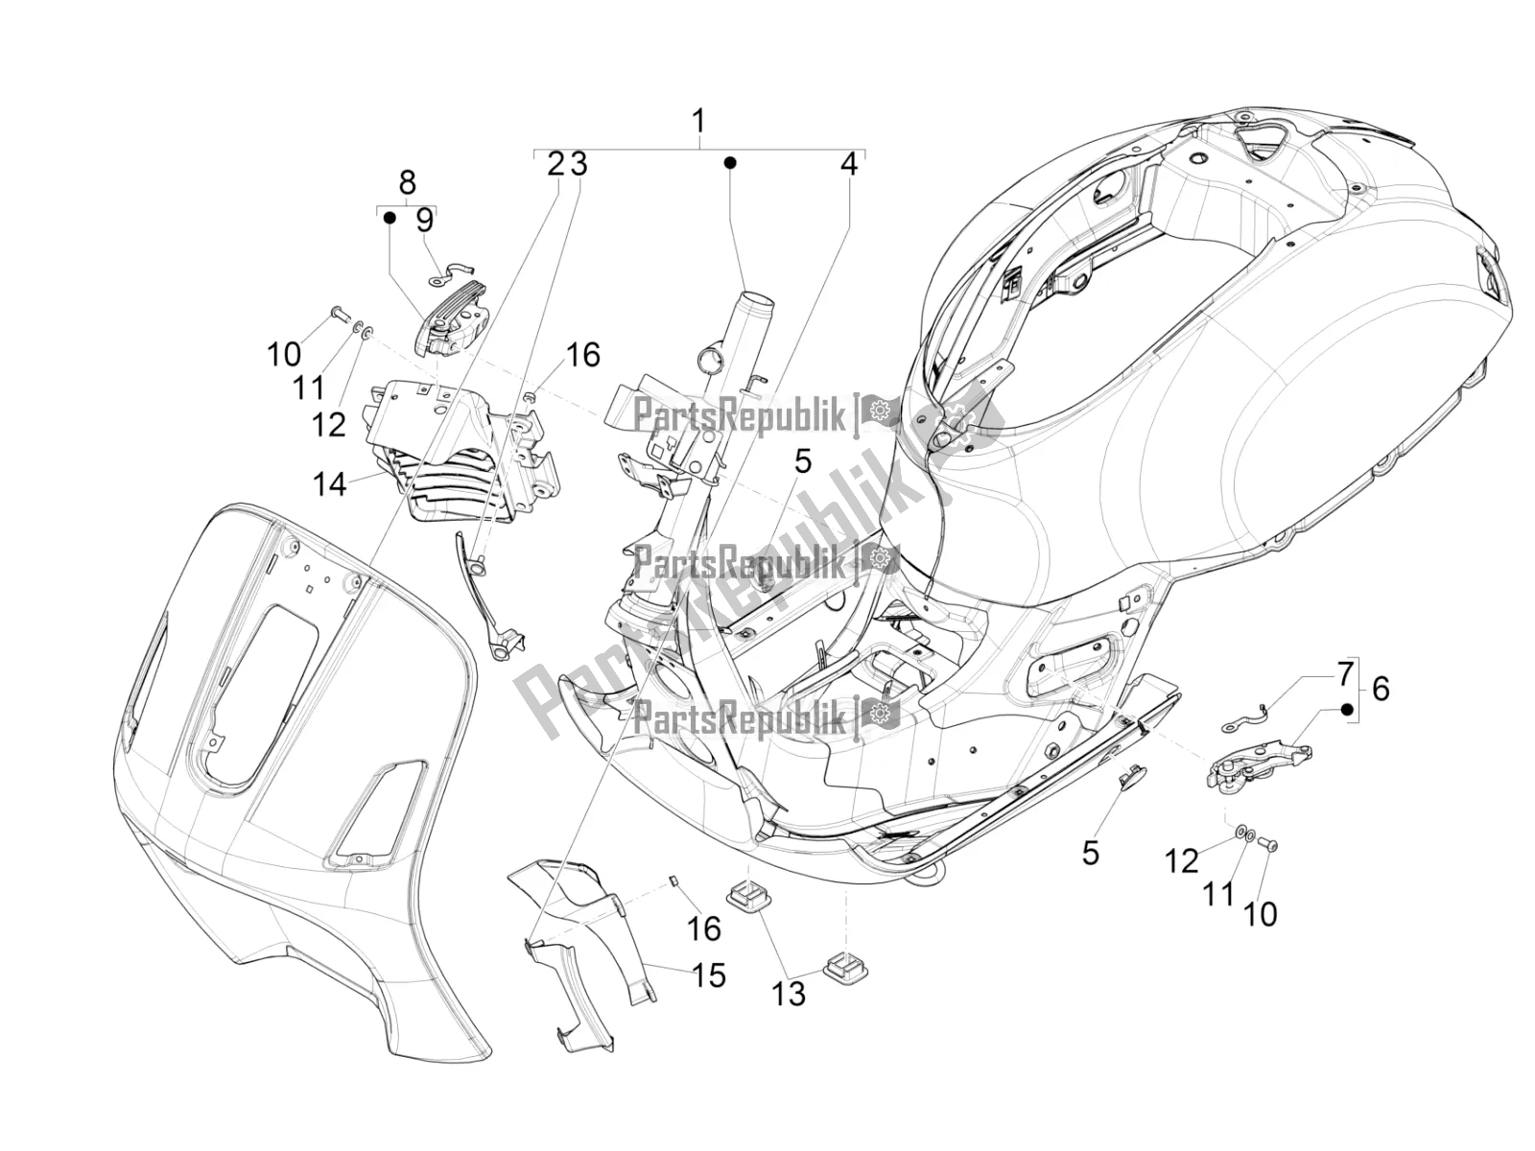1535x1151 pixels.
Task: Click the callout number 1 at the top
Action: coord(698,122)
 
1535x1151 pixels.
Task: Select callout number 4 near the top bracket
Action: coord(848,164)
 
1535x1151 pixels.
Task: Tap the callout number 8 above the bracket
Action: coord(407,182)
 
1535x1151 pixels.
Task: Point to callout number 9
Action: coord(424,221)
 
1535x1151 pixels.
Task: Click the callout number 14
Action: coord(330,483)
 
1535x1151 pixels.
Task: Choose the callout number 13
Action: coord(790,995)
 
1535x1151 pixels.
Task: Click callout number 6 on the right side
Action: coord(1380,688)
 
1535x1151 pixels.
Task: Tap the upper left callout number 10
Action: coord(284,354)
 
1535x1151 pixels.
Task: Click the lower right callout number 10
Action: coord(1260,914)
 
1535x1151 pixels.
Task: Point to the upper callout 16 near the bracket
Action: coord(582,355)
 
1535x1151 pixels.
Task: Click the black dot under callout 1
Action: coord(729,162)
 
